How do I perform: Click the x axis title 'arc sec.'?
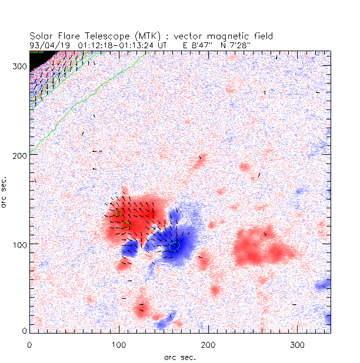180,357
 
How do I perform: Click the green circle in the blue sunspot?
174,247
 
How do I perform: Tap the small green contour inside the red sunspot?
124,224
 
